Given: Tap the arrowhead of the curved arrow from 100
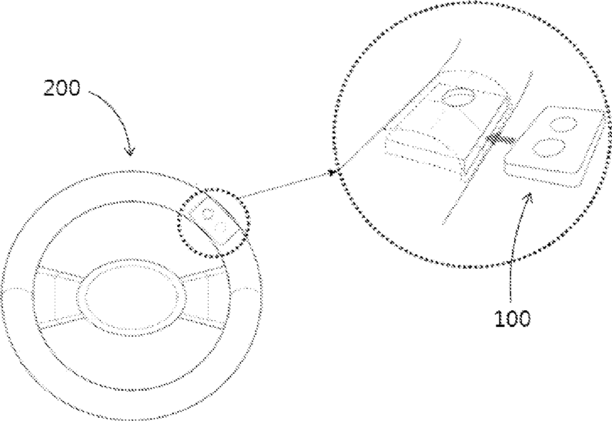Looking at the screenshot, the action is (x=530, y=198).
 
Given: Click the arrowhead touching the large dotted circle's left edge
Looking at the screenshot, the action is (x=333, y=172).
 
